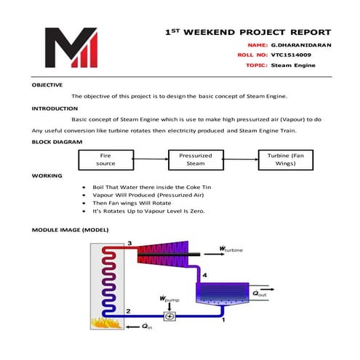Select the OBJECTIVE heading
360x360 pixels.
(47, 85)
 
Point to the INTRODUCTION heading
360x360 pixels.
(55, 108)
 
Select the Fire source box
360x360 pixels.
(105, 159)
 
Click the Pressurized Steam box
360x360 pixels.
(196, 159)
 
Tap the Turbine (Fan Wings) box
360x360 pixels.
(286, 159)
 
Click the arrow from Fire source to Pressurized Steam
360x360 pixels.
(151, 159)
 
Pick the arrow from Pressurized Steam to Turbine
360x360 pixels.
(241, 159)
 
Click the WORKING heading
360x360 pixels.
(47, 175)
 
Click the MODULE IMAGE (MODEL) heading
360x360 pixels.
(70, 229)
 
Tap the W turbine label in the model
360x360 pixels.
(232, 249)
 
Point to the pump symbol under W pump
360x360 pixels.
(169, 316)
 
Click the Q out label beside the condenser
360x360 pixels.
(259, 292)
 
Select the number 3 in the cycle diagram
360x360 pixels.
(129, 242)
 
